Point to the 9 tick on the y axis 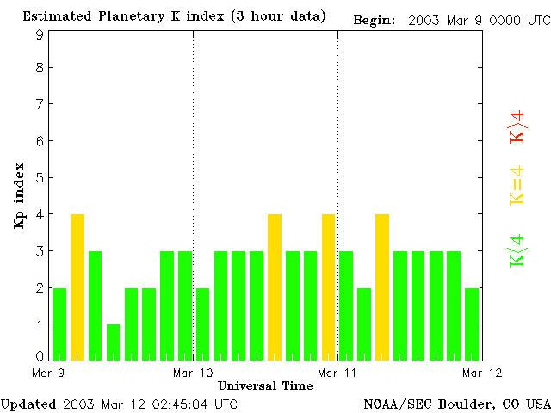(40, 34)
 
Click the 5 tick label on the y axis (40, 178)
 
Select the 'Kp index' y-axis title (18, 195)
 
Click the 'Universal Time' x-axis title (265, 385)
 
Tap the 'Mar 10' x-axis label (193, 373)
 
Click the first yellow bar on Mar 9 (77, 287)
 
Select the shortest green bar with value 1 (113, 342)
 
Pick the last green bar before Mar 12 (472, 324)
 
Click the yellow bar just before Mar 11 (328, 287)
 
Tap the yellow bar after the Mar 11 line (382, 287)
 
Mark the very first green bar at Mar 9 (59, 324)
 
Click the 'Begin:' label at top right (375, 20)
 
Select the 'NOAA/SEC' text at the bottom (395, 404)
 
